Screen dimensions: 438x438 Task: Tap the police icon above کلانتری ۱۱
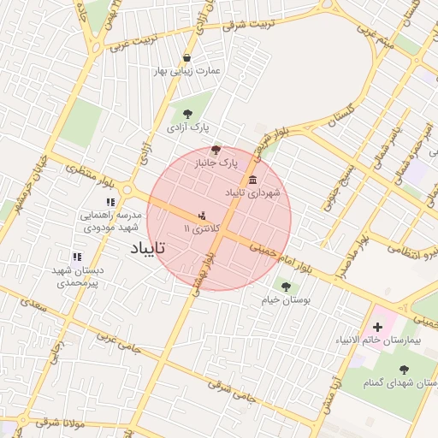202,216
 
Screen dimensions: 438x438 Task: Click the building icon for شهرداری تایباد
252,180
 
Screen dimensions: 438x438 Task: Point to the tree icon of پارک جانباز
215,149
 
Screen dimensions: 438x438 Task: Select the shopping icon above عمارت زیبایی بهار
187,57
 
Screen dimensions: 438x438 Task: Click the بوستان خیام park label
287,301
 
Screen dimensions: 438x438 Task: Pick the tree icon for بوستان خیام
286,286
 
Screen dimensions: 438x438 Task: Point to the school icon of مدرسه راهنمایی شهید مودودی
109,202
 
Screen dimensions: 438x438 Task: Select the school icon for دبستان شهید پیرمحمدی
77,257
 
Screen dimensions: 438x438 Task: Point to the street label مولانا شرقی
57,423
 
